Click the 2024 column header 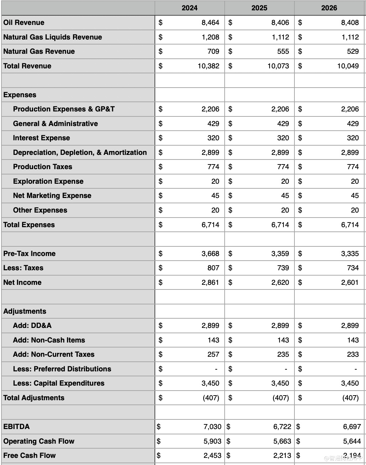point(189,8)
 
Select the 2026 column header point(329,8)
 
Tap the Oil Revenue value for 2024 point(210,22)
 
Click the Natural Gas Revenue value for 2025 point(283,51)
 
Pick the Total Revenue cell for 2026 point(348,66)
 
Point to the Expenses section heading point(20,95)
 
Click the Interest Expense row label point(41,138)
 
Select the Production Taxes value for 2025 point(283,167)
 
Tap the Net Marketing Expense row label point(52,195)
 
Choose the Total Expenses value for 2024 point(210,225)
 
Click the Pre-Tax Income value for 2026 point(350,254)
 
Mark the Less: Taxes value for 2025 point(283,268)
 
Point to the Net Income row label point(22,282)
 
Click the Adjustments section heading point(25,311)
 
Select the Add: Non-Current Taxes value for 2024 point(213,354)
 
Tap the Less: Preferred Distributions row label point(62,369)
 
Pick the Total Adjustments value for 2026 point(350,398)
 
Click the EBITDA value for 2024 point(212,427)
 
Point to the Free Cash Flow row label point(30,455)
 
